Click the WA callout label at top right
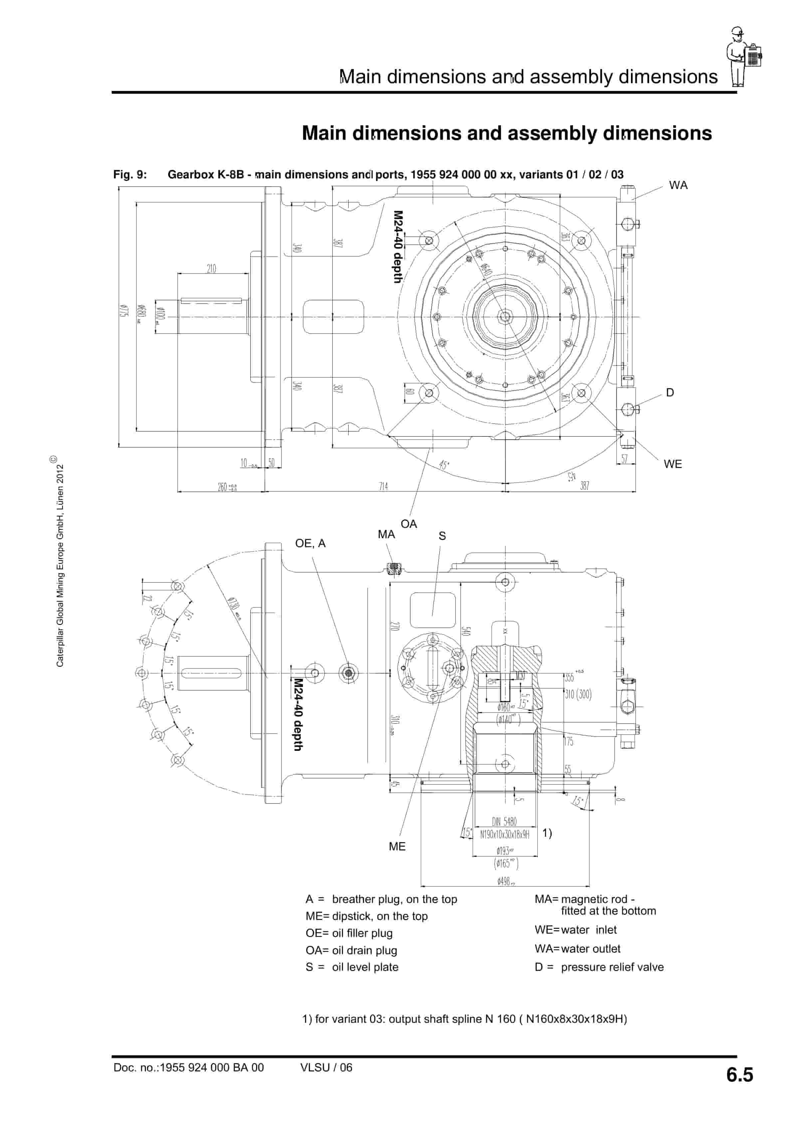point(678,185)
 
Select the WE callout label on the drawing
point(673,464)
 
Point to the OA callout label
point(409,524)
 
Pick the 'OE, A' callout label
point(310,544)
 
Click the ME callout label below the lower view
point(397,847)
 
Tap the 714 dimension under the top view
point(383,486)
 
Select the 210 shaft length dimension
point(211,269)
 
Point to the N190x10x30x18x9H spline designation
point(504,835)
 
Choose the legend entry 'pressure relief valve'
point(612,967)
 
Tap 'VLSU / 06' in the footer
point(326,1068)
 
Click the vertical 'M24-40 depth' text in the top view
point(398,247)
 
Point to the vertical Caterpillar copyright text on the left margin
point(60,561)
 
